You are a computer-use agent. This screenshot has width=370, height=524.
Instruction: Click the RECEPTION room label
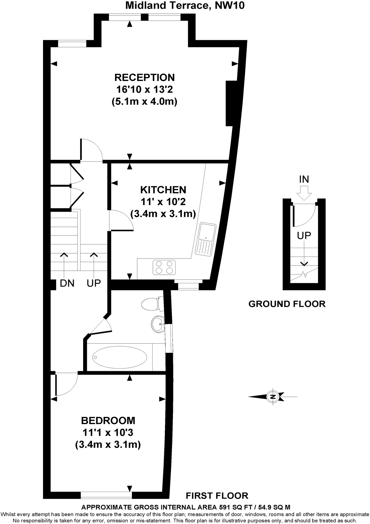(x=144, y=77)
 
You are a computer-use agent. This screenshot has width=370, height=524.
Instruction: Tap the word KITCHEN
(x=163, y=190)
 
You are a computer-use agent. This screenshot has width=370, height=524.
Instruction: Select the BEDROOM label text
(x=108, y=421)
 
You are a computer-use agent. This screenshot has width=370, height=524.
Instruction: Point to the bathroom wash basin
(x=158, y=324)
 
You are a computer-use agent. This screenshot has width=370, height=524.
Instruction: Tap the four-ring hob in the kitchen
(x=164, y=267)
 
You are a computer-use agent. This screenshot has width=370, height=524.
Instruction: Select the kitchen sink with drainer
(x=206, y=240)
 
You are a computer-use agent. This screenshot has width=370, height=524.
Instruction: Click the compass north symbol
(x=273, y=396)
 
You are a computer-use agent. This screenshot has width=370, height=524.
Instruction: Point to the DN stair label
(x=67, y=283)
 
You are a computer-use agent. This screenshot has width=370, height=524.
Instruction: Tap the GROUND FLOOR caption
(x=287, y=304)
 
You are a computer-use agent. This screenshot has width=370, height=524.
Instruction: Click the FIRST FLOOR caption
(x=217, y=495)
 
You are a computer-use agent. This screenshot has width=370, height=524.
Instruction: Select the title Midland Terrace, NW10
(x=185, y=5)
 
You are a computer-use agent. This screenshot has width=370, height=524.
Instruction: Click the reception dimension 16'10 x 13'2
(x=144, y=89)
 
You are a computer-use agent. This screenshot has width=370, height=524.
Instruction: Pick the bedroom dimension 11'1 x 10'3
(x=108, y=433)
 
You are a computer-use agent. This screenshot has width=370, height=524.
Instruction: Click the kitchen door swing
(x=121, y=220)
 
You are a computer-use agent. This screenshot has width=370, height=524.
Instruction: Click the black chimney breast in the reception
(x=229, y=103)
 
